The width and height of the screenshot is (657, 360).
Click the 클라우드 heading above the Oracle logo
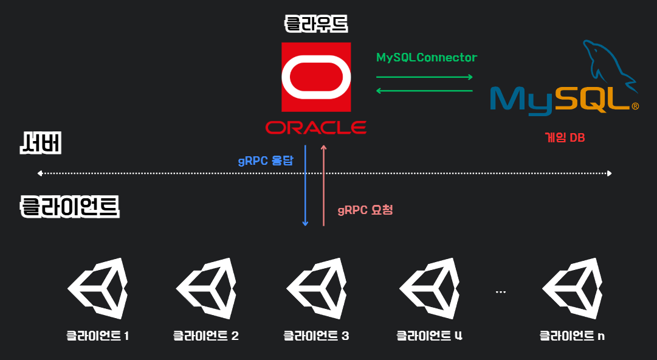pyautogui.click(x=316, y=24)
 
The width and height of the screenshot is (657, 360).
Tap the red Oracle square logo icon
pyautogui.click(x=316, y=77)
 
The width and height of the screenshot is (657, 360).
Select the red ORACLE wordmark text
pyautogui.click(x=316, y=127)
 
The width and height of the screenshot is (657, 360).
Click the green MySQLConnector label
pyautogui.click(x=427, y=58)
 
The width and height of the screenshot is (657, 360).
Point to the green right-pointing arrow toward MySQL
pyautogui.click(x=424, y=77)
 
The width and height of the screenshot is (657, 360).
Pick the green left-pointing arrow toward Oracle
pyautogui.click(x=424, y=91)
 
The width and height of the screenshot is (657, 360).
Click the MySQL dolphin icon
pyautogui.click(x=608, y=64)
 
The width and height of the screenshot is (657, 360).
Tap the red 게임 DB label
pyautogui.click(x=565, y=138)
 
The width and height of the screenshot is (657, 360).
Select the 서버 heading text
pyautogui.click(x=41, y=145)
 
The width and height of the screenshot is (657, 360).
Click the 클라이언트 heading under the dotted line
pyautogui.click(x=70, y=207)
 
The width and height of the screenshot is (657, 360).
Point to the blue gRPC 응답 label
pyautogui.click(x=265, y=162)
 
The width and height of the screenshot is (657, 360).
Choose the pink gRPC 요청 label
pyautogui.click(x=365, y=210)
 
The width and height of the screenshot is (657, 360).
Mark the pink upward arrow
pyautogui.click(x=323, y=185)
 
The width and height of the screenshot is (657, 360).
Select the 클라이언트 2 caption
pyautogui.click(x=206, y=336)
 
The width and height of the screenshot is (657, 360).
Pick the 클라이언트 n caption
pyautogui.click(x=572, y=336)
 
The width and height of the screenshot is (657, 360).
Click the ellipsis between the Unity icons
pyautogui.click(x=501, y=292)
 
